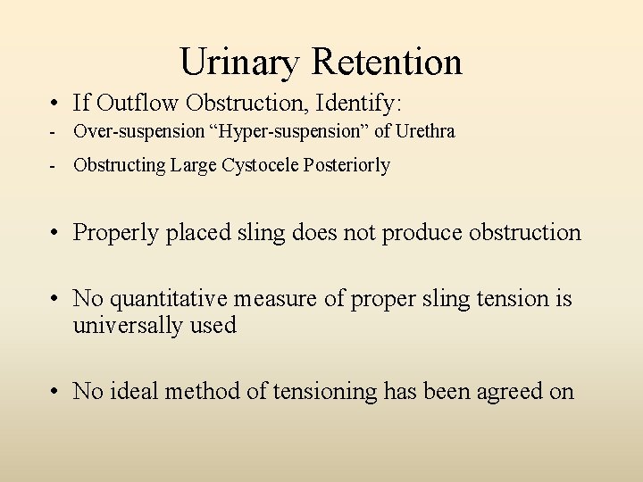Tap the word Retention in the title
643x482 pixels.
[387, 62]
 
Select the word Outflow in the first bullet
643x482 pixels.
[130, 100]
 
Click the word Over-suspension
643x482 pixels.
[138, 132]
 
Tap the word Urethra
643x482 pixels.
[426, 131]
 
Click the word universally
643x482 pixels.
[129, 325]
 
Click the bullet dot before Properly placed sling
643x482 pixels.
[56, 234]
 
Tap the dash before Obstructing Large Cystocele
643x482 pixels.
[54, 166]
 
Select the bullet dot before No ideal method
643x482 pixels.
[56, 391]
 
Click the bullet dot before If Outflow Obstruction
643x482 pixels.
[56, 101]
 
